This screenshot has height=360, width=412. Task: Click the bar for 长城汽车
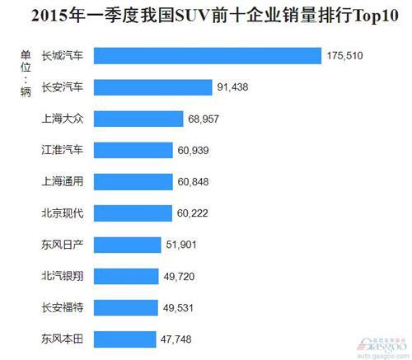coord(207,56)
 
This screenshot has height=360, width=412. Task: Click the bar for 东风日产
coord(127,245)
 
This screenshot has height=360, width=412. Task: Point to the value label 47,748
coord(179,339)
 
